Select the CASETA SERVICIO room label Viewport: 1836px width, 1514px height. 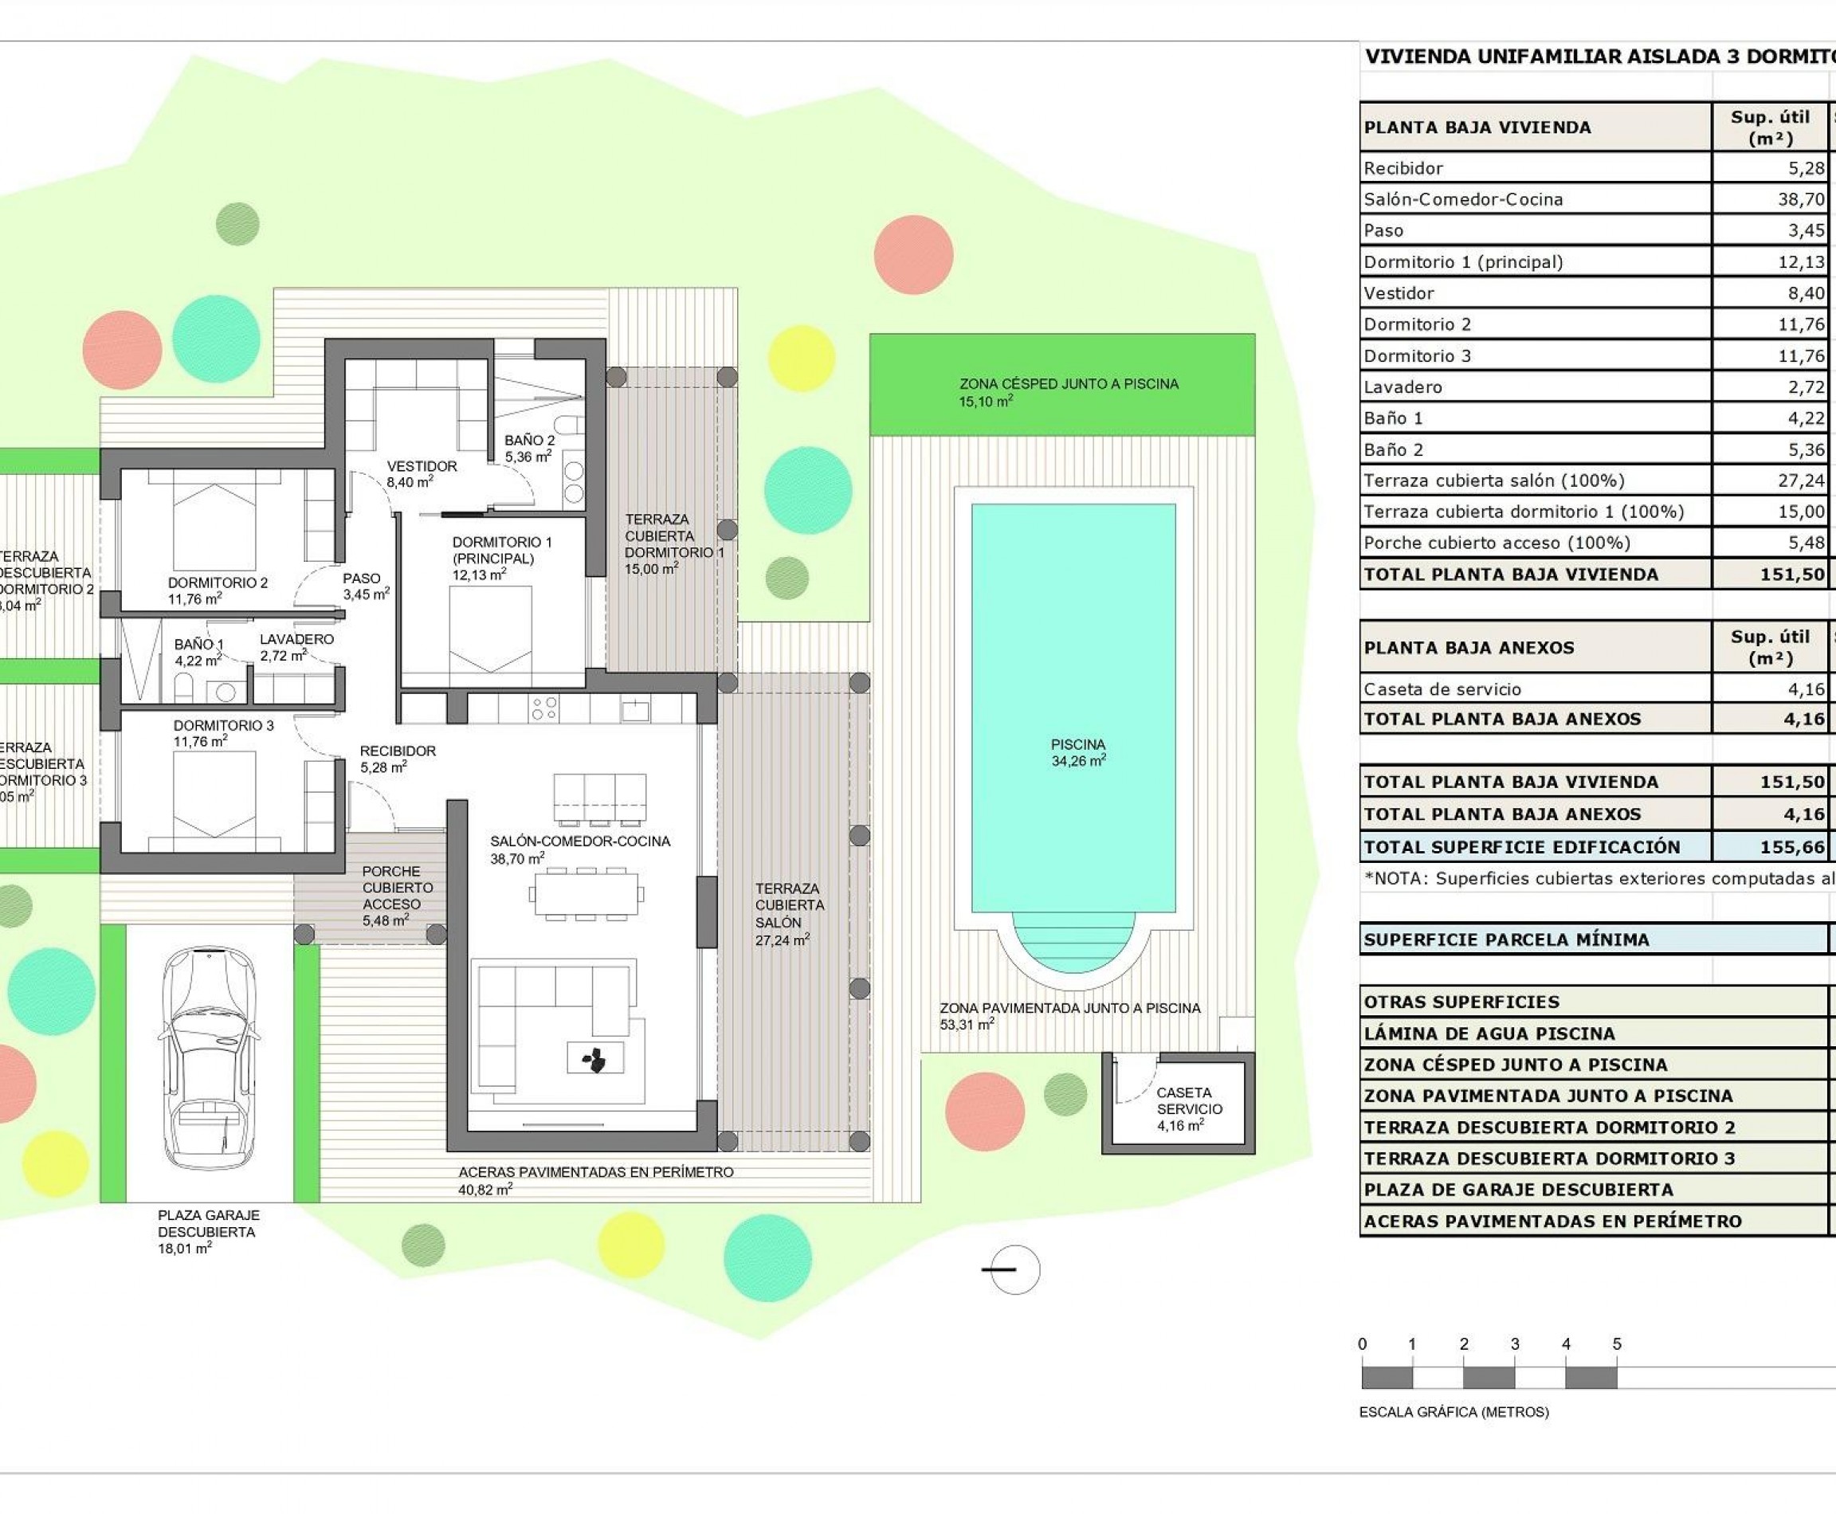click(x=1189, y=1108)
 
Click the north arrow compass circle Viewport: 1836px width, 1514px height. click(x=1014, y=1269)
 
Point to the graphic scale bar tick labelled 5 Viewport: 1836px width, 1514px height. click(x=1616, y=1344)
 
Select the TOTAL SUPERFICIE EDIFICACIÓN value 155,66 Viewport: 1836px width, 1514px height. click(x=1791, y=847)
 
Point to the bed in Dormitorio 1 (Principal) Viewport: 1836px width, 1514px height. click(x=490, y=628)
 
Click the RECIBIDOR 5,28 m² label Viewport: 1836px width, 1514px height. click(x=397, y=759)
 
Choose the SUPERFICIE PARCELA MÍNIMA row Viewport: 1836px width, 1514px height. click(x=1506, y=940)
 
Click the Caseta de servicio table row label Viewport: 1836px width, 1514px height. click(x=1442, y=689)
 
